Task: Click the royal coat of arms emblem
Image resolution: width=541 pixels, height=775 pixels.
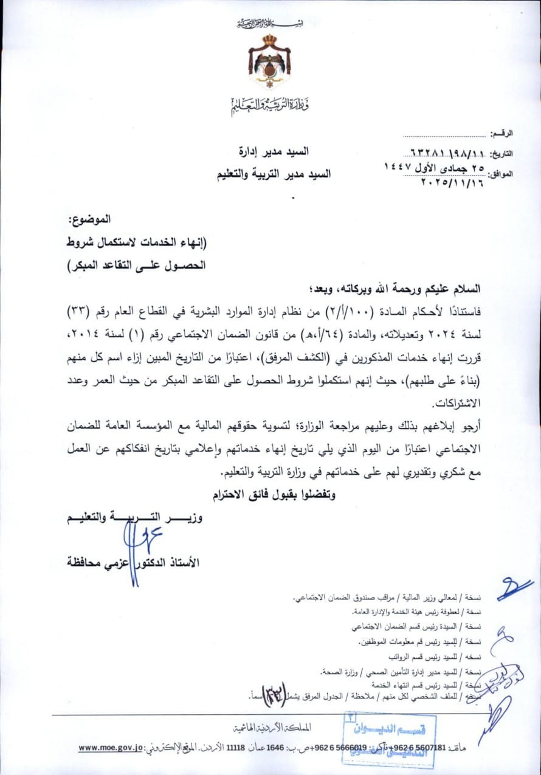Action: coord(270,61)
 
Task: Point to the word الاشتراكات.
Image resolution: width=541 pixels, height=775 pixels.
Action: coord(448,403)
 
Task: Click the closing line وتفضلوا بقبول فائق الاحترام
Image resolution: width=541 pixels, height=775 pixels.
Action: coord(274,495)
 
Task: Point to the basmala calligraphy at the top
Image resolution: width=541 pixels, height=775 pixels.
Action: coord(270,23)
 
